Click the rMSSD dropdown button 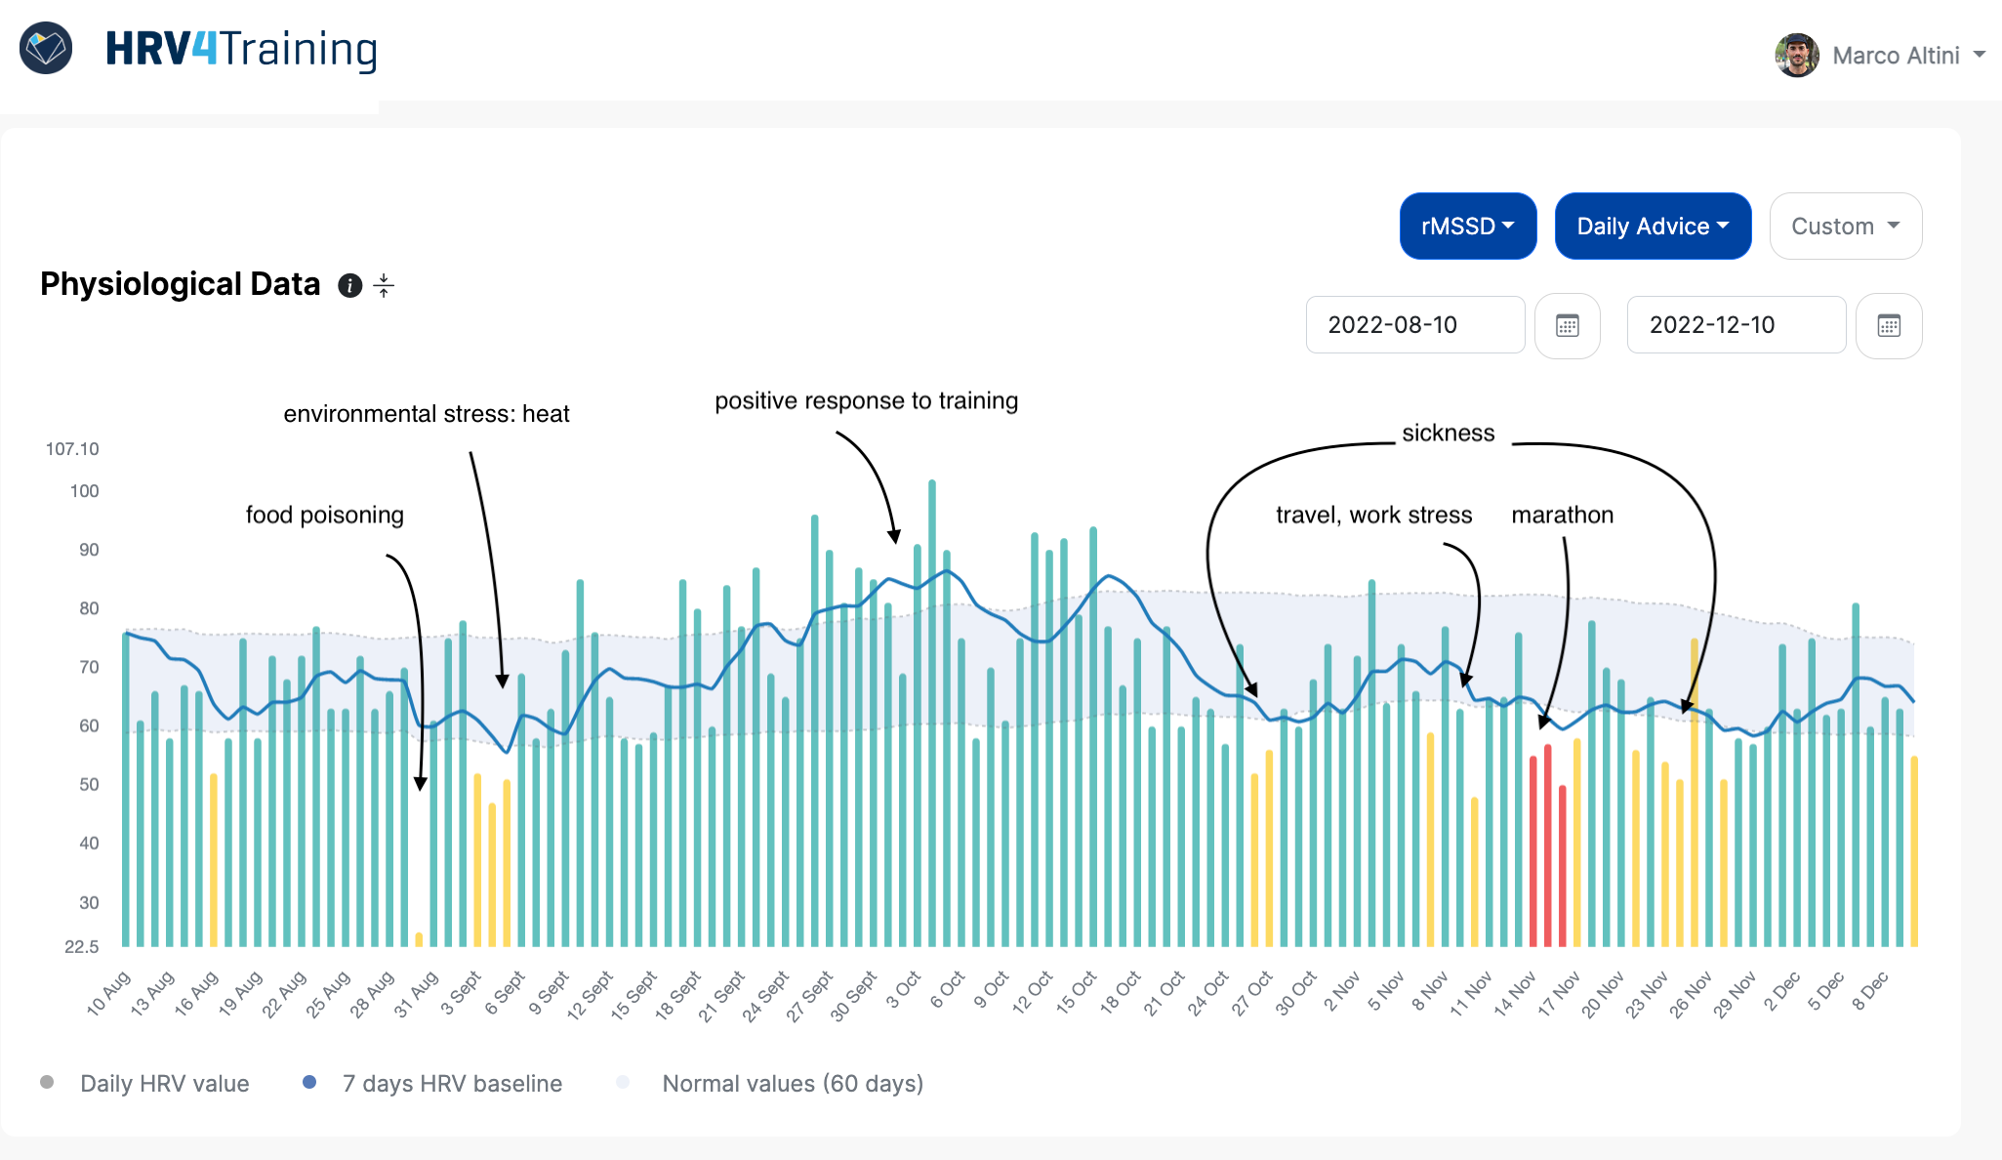point(1467,227)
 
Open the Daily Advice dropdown point(1652,227)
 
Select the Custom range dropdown point(1845,227)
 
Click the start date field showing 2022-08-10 point(1414,325)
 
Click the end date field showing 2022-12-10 point(1735,325)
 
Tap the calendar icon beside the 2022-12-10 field point(1888,326)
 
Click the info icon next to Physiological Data point(349,285)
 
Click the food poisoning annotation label point(324,515)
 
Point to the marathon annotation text point(1562,515)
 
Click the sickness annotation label point(1448,433)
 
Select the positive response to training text point(866,400)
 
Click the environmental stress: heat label point(427,414)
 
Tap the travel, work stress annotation point(1373,515)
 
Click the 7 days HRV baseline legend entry point(451,1084)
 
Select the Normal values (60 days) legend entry point(792,1084)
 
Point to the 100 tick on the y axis point(84,491)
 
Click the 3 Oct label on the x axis point(902,989)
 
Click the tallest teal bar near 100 point(932,684)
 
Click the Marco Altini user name point(1895,56)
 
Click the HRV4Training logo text point(241,49)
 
